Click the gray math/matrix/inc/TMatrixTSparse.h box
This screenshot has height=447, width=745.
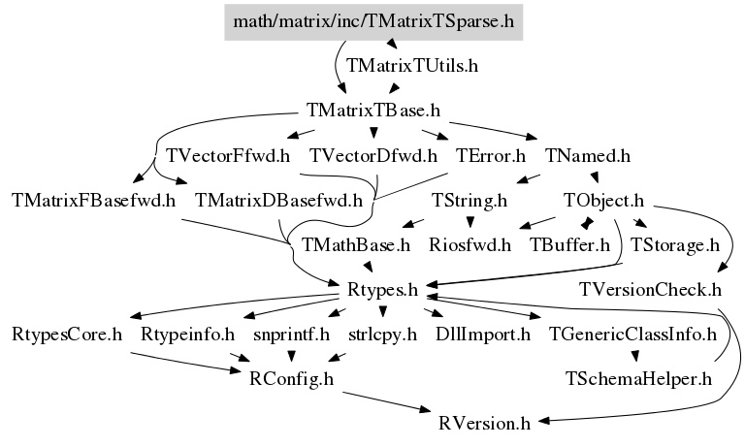tap(373, 22)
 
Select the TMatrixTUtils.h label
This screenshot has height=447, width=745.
tap(412, 66)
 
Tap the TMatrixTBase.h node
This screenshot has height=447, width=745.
tap(373, 111)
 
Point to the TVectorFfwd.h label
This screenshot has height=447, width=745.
tap(228, 155)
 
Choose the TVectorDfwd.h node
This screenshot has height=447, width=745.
tap(373, 155)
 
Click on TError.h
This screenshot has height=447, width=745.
tap(491, 155)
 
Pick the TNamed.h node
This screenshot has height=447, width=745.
tap(587, 155)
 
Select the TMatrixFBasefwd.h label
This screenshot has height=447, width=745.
tap(93, 200)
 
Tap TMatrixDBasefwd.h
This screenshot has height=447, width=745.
tap(279, 200)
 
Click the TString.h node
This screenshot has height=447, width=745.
tap(470, 200)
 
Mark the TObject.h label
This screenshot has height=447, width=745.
tap(603, 200)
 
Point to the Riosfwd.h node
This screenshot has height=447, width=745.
tap(470, 245)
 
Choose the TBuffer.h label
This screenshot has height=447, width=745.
tap(569, 245)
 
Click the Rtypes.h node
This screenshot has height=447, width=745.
tap(382, 289)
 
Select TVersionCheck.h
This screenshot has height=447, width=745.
tap(650, 289)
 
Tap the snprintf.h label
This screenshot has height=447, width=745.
tap(291, 335)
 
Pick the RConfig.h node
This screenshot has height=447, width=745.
tap(291, 378)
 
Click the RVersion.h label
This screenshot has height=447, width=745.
tap(484, 423)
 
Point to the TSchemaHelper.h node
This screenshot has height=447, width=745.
tap(638, 378)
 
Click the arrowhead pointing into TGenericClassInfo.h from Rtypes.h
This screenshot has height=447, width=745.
tap(535, 316)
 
